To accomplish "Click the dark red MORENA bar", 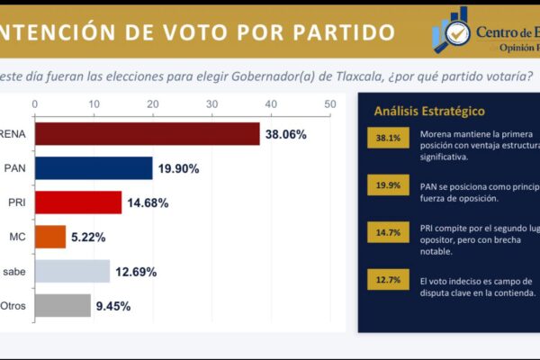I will [147, 134].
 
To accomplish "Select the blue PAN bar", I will [94, 167].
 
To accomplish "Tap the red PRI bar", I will [78, 202].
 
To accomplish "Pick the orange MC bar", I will [50, 237].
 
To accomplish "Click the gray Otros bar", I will [63, 305].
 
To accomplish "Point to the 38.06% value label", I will [284, 135].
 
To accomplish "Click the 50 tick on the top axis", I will [329, 104].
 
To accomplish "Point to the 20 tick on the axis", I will [152, 104].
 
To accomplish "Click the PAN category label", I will [15, 168].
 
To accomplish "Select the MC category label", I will [16, 238].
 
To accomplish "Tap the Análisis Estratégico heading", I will [429, 112].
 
